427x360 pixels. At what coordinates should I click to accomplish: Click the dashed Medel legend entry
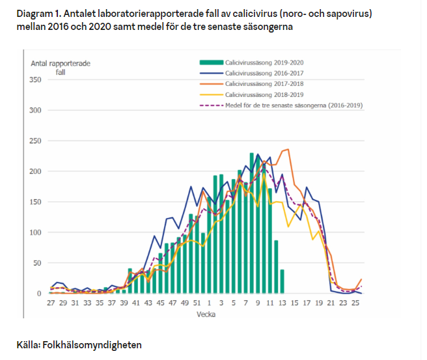point(293,105)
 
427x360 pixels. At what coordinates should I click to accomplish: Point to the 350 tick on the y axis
point(35,79)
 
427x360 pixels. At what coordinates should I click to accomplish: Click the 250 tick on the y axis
point(35,141)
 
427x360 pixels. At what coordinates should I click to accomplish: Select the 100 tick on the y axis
point(35,232)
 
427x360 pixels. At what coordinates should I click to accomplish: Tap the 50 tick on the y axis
point(37,263)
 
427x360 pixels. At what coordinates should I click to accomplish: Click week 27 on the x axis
point(51,303)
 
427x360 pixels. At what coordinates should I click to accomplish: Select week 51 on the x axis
point(197,303)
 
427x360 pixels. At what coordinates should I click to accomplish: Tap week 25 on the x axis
point(355,303)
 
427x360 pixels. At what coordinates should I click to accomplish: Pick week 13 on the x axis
point(282,303)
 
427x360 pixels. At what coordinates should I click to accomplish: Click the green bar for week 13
point(282,282)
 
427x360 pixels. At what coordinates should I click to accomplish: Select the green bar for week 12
point(276,267)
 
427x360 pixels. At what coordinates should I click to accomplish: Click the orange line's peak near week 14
point(288,150)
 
